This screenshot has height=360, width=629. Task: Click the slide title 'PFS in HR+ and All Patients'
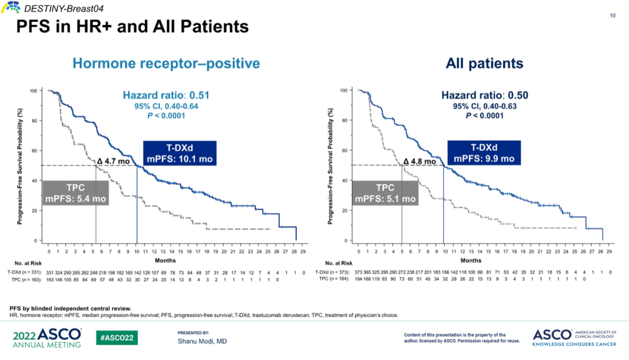pyautogui.click(x=133, y=27)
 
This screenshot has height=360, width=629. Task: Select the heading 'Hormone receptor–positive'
pyautogui.click(x=166, y=63)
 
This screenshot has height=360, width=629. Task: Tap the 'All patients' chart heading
pyautogui.click(x=485, y=63)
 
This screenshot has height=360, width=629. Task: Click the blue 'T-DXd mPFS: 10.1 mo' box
pyautogui.click(x=179, y=153)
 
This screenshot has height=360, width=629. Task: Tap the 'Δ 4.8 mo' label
pyautogui.click(x=419, y=161)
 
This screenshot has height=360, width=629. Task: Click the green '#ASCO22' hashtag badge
pyautogui.click(x=117, y=338)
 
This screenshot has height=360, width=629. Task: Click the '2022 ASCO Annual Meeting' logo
pyautogui.click(x=47, y=338)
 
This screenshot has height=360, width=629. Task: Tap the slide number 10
pyautogui.click(x=613, y=16)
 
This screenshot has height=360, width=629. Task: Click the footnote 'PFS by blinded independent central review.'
pyautogui.click(x=70, y=308)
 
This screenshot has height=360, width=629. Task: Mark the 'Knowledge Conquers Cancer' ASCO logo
pyautogui.click(x=573, y=338)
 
